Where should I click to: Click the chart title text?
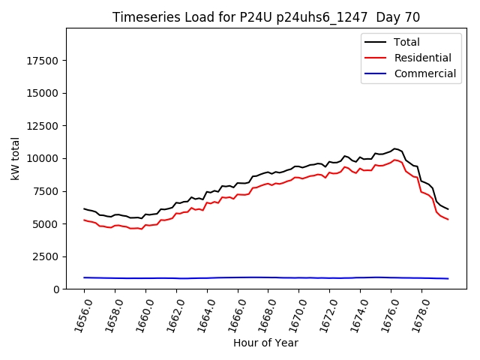(x=266, y=17)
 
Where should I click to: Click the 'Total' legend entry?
(x=406, y=42)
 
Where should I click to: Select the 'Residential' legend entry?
(x=422, y=58)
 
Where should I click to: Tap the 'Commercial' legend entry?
(x=424, y=73)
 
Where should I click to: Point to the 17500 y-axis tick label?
(x=43, y=61)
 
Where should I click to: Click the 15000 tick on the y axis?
(x=43, y=93)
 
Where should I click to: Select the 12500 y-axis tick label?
(x=43, y=126)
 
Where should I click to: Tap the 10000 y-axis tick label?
(x=43, y=158)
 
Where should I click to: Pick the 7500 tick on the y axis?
(x=46, y=191)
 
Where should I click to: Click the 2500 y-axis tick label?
(x=46, y=256)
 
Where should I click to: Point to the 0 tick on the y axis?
(x=57, y=289)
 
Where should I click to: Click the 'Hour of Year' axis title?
(x=265, y=343)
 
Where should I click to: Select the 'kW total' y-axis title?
(x=16, y=159)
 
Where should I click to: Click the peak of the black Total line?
(x=394, y=148)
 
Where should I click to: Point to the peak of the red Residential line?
(x=394, y=160)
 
